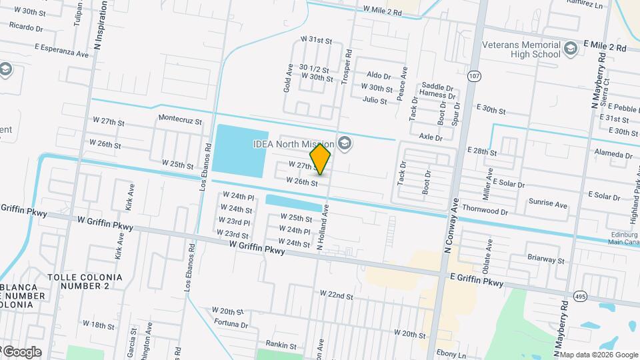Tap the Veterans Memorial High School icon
(570, 48)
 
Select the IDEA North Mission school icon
(345, 143)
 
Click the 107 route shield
(473, 76)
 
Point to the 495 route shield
(579, 294)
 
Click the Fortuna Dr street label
(230, 325)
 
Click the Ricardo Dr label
(27, 29)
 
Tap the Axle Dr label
(431, 137)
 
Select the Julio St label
(375, 101)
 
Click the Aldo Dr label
(379, 76)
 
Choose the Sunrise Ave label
(548, 205)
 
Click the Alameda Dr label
(613, 155)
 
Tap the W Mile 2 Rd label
(383, 12)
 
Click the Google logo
(22, 352)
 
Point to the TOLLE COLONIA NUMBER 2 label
(85, 281)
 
